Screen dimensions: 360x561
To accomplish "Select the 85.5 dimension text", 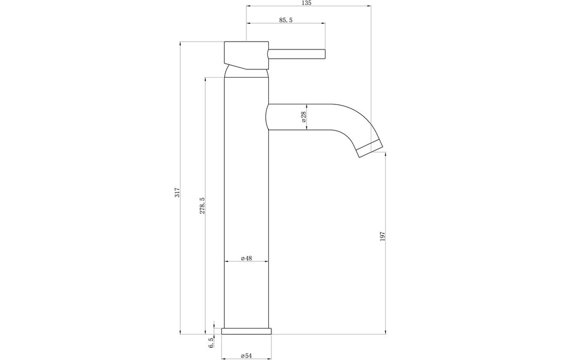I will pyautogui.click(x=286, y=20).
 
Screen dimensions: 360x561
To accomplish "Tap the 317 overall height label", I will pyautogui.click(x=176, y=192).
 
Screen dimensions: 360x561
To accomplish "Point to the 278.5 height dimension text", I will pyautogui.click(x=202, y=205).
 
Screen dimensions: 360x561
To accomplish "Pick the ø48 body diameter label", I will pyautogui.click(x=246, y=258).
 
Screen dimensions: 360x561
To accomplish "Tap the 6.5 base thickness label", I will pyautogui.click(x=210, y=343).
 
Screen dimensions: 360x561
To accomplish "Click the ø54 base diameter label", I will pyautogui.click(x=246, y=355).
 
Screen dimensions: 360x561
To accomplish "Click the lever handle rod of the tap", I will pyautogui.click(x=297, y=53).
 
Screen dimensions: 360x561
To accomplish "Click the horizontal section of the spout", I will pyautogui.click(x=309, y=117).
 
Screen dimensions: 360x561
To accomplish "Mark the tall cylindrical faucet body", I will pyautogui.click(x=246, y=206).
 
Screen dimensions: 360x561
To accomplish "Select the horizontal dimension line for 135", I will pyautogui.click(x=309, y=6).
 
